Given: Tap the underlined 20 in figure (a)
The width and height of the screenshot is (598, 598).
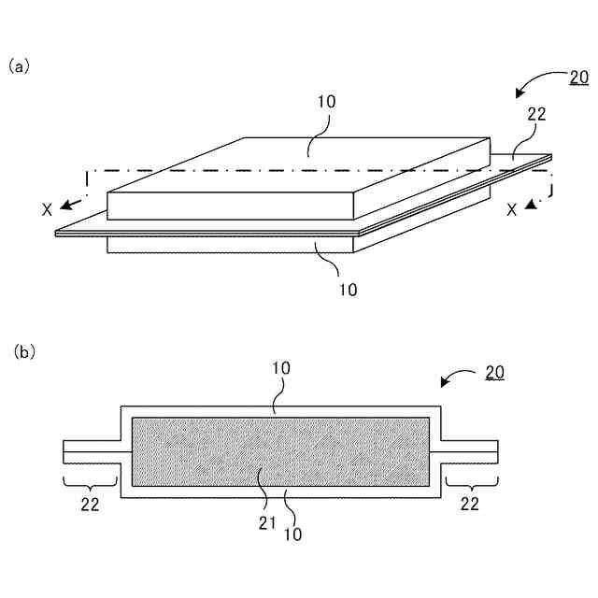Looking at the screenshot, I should pos(578,78).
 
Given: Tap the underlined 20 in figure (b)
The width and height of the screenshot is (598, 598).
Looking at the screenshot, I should pos(494,372).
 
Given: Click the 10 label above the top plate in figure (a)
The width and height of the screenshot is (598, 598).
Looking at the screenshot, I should pos(326,101).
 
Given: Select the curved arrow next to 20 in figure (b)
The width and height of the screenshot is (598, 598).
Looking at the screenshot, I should pos(458,378).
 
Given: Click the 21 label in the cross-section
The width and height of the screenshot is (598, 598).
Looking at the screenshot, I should pos(266,523).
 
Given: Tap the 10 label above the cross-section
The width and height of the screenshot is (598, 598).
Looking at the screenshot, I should pos(282,368).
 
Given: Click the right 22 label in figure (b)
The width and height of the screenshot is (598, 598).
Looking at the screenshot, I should pos(469,504).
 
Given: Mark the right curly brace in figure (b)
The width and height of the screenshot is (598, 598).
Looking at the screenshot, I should pos(470,481).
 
